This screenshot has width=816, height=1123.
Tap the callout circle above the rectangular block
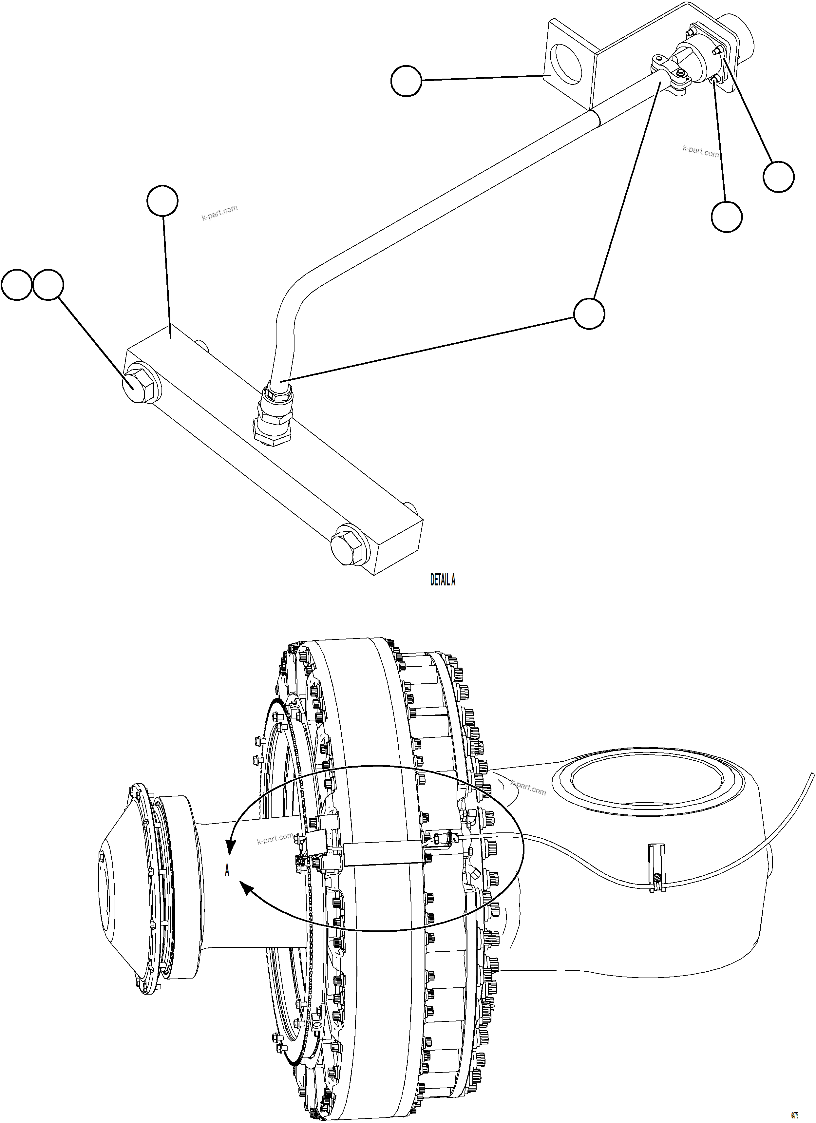pos(162,201)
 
